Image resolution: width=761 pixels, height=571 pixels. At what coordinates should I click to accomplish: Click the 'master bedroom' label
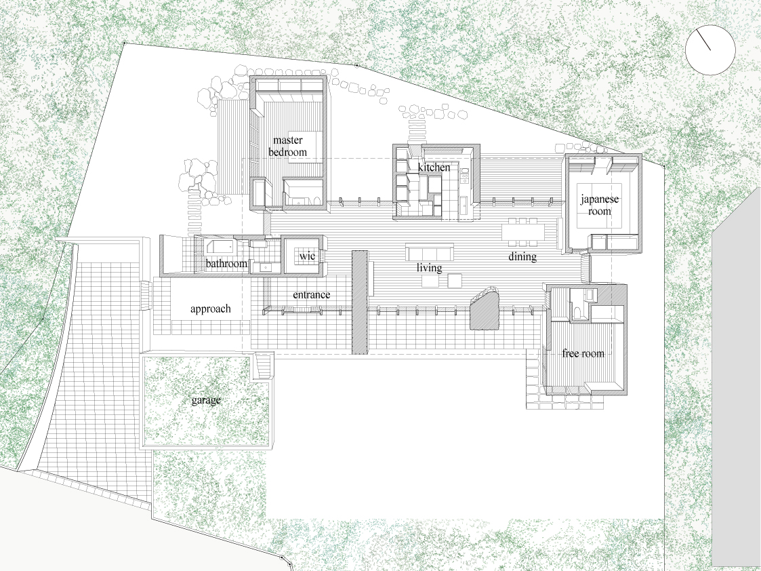click(288, 146)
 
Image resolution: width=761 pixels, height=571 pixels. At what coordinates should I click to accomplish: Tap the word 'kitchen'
click(434, 168)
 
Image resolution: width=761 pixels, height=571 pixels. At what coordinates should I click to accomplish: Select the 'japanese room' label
click(600, 205)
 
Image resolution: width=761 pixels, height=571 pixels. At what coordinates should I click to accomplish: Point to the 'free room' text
click(583, 353)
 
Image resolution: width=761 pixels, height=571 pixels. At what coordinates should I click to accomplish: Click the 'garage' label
click(206, 400)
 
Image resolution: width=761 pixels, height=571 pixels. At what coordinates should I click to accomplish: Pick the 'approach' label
click(211, 309)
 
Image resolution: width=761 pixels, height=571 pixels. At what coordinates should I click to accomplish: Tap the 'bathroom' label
click(226, 264)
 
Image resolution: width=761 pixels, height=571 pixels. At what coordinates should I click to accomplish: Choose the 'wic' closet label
click(307, 256)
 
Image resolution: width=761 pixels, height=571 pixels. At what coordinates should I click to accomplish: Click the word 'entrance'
click(312, 295)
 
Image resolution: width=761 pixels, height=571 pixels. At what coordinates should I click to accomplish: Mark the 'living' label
click(430, 268)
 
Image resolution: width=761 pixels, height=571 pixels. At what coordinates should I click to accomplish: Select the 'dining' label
click(522, 256)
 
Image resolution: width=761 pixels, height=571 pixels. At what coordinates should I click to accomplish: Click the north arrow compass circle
click(710, 50)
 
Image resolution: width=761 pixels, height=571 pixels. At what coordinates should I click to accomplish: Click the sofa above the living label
click(430, 252)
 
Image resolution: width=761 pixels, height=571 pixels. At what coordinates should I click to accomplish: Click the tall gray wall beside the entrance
click(360, 302)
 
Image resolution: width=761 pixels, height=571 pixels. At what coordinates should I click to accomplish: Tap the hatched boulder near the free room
click(485, 309)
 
